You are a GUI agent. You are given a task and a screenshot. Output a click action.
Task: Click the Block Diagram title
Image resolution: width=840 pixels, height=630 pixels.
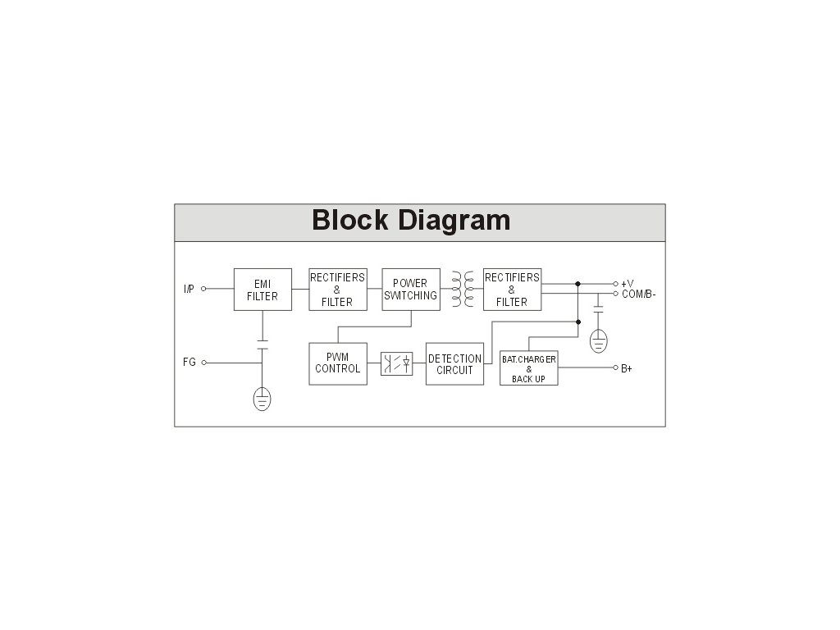tap(411, 221)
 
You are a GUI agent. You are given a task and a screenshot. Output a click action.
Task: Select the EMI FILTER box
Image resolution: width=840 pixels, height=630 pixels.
tap(262, 290)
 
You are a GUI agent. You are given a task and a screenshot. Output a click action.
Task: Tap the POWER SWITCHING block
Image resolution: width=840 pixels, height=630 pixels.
tap(411, 290)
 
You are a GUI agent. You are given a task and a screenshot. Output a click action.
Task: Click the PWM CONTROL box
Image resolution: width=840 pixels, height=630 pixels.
tap(338, 363)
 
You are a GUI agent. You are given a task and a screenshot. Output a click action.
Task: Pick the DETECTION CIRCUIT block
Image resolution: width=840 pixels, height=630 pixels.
tap(454, 364)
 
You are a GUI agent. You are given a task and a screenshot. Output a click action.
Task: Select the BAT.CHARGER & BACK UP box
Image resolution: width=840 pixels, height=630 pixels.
tap(528, 369)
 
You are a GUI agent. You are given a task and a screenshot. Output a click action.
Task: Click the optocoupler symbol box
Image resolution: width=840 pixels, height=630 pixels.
tap(396, 363)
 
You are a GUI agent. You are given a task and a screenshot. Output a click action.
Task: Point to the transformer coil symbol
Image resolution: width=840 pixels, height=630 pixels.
tap(461, 289)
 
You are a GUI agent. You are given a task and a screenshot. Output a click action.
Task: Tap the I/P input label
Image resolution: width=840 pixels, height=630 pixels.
tap(189, 289)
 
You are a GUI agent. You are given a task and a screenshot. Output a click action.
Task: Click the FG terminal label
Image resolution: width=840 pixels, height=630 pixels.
tap(189, 362)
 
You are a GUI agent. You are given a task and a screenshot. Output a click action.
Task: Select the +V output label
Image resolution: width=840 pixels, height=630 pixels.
tap(628, 284)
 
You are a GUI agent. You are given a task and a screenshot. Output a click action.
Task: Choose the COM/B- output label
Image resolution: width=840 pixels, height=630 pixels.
tap(638, 294)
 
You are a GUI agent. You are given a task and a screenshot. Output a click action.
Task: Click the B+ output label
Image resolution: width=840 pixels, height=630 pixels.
tap(627, 368)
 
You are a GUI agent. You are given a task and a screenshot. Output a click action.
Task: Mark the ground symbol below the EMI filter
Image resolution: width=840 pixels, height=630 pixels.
tap(262, 399)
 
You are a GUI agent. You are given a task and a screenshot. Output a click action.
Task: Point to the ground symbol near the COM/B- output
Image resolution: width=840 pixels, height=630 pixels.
tap(599, 340)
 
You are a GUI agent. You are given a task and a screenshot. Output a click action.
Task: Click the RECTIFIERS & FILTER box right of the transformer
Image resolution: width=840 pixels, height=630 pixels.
tap(512, 290)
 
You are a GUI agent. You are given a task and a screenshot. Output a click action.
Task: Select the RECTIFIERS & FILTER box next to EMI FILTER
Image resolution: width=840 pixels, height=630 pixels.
tap(337, 290)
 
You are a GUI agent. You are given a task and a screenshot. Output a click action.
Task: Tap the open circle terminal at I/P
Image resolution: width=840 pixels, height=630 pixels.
tap(204, 289)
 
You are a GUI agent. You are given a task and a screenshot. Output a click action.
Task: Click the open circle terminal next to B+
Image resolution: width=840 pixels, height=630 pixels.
tap(615, 368)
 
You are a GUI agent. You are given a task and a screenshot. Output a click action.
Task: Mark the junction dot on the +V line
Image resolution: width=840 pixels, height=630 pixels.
tap(578, 284)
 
